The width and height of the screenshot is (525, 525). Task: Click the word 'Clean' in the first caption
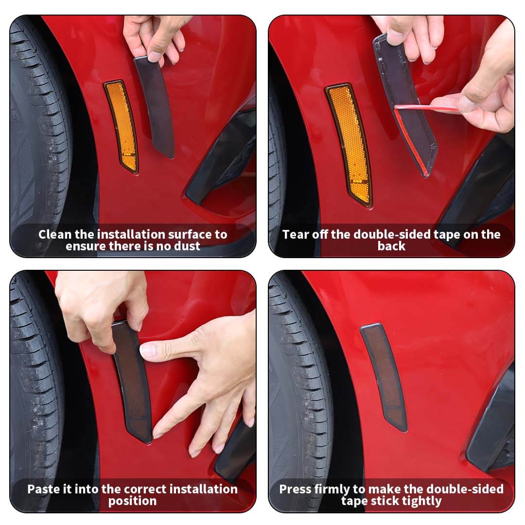point(55,234)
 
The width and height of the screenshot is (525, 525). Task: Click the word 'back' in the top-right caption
point(391,246)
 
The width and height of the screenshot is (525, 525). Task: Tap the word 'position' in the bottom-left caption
point(132,501)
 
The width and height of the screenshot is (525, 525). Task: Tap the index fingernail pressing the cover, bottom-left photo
point(146,350)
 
